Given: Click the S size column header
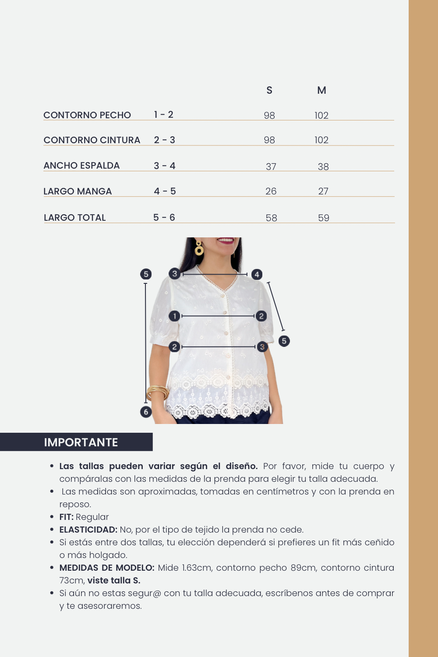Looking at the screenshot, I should pyautogui.click(x=269, y=90).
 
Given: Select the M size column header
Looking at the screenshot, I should pyautogui.click(x=321, y=90).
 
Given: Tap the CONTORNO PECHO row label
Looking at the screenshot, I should pyautogui.click(x=87, y=115).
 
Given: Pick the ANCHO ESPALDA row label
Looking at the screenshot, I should pyautogui.click(x=81, y=166).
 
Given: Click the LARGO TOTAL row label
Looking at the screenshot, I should pyautogui.click(x=75, y=218).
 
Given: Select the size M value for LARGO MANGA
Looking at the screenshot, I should pyautogui.click(x=323, y=191).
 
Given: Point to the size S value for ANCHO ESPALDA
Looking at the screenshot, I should pyautogui.click(x=271, y=167).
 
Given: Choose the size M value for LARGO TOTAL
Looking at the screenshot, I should pyautogui.click(x=324, y=218).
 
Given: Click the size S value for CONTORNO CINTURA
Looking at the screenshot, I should pyautogui.click(x=269, y=140).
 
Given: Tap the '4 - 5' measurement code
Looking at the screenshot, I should pyautogui.click(x=165, y=191).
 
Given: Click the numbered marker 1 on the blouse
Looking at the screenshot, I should pyautogui.click(x=174, y=316).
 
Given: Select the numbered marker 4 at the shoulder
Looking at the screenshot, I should pyautogui.click(x=257, y=275).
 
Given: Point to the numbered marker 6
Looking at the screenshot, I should pyautogui.click(x=146, y=412).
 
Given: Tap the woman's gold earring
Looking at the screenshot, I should pyautogui.click(x=199, y=248).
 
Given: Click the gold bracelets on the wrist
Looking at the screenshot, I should pyautogui.click(x=157, y=392).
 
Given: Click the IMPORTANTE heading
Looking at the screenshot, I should pyautogui.click(x=81, y=442).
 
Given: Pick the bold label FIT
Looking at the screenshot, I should pyautogui.click(x=66, y=517).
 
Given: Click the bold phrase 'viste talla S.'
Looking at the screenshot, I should pyautogui.click(x=114, y=580).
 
